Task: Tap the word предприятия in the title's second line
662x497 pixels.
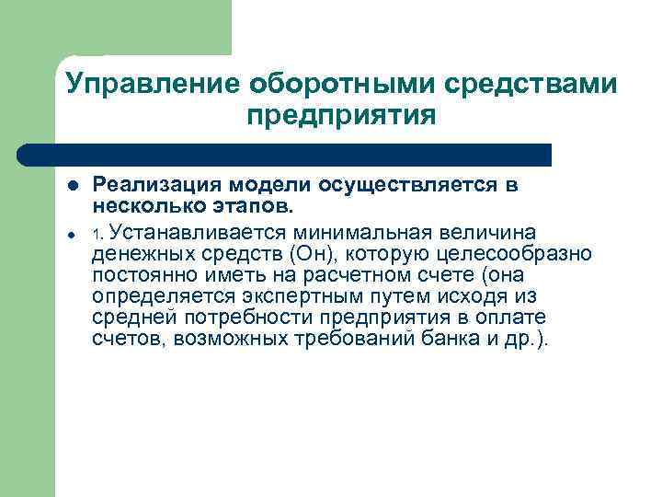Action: (x=340, y=117)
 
